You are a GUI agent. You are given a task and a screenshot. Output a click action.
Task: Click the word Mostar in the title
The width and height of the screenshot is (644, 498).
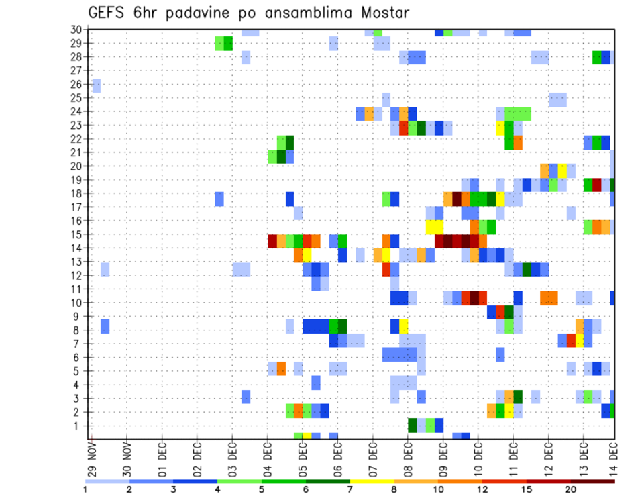tap(382, 13)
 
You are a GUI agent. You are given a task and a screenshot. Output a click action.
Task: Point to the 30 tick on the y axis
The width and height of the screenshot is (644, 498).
tap(76, 30)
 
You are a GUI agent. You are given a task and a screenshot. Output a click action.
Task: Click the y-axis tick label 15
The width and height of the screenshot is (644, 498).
tap(76, 235)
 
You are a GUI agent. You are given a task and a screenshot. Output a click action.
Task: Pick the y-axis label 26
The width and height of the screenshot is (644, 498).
tap(76, 85)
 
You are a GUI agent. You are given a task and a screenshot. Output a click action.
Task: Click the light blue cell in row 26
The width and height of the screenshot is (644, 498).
tap(97, 85)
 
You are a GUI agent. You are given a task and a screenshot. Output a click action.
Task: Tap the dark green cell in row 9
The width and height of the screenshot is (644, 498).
tap(509, 312)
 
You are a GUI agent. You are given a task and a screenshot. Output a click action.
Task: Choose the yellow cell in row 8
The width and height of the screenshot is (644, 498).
tap(404, 326)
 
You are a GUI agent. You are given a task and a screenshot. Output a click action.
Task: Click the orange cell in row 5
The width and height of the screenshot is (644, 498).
tap(281, 368)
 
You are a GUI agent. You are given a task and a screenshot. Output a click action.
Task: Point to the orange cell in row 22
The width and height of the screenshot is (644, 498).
tap(518, 142)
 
